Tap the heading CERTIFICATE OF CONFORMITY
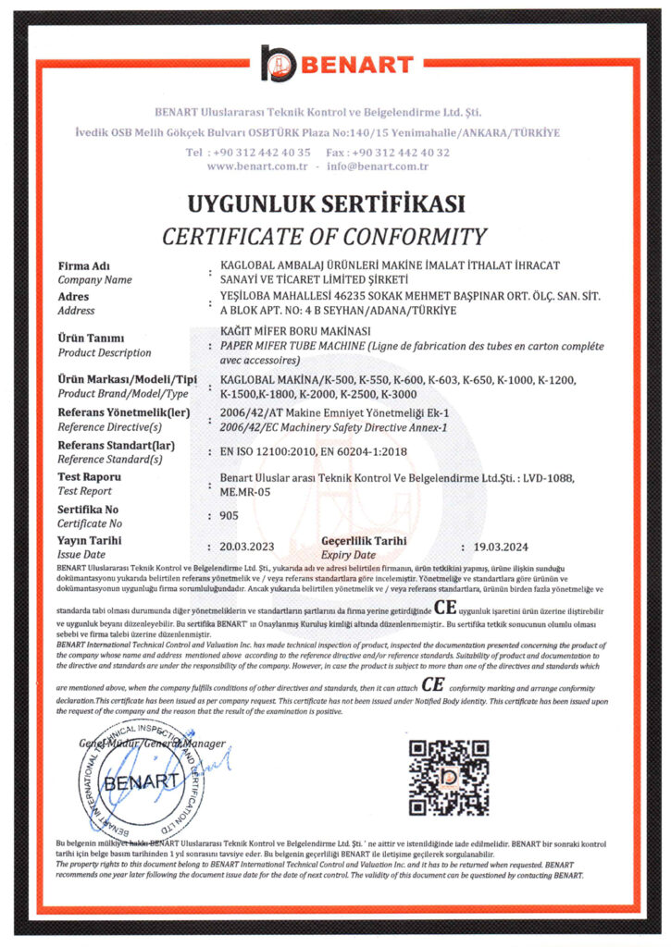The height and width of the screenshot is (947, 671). tap(324, 236)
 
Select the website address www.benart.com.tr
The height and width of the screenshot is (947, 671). tap(256, 166)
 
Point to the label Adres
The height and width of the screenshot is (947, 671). tap(75, 297)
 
